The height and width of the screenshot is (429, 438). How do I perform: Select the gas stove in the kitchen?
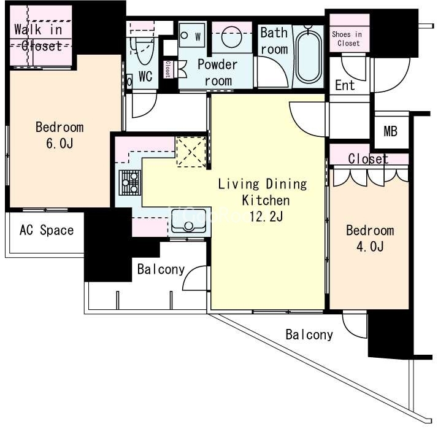point(130,182)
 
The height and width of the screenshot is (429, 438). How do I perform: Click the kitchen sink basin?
point(188,221)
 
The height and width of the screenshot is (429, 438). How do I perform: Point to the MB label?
point(390,131)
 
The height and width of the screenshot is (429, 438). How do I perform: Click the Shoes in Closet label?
point(348,39)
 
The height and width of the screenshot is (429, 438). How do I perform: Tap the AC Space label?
point(47,230)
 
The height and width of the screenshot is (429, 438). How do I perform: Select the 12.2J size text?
point(266,216)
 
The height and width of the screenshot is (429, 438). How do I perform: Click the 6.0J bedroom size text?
point(60,144)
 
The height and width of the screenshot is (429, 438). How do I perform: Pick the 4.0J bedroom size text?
point(370,247)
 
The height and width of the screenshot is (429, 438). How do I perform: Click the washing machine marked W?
point(192,35)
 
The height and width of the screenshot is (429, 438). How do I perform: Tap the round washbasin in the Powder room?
point(232,36)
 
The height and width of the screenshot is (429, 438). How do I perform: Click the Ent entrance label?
point(345,85)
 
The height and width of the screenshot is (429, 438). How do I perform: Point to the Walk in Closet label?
point(38,37)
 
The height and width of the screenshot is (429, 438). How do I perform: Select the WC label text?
point(145,76)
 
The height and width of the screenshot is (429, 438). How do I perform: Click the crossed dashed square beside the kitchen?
point(191,152)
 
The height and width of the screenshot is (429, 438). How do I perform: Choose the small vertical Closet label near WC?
point(167,69)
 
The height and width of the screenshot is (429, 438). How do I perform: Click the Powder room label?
point(217,72)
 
